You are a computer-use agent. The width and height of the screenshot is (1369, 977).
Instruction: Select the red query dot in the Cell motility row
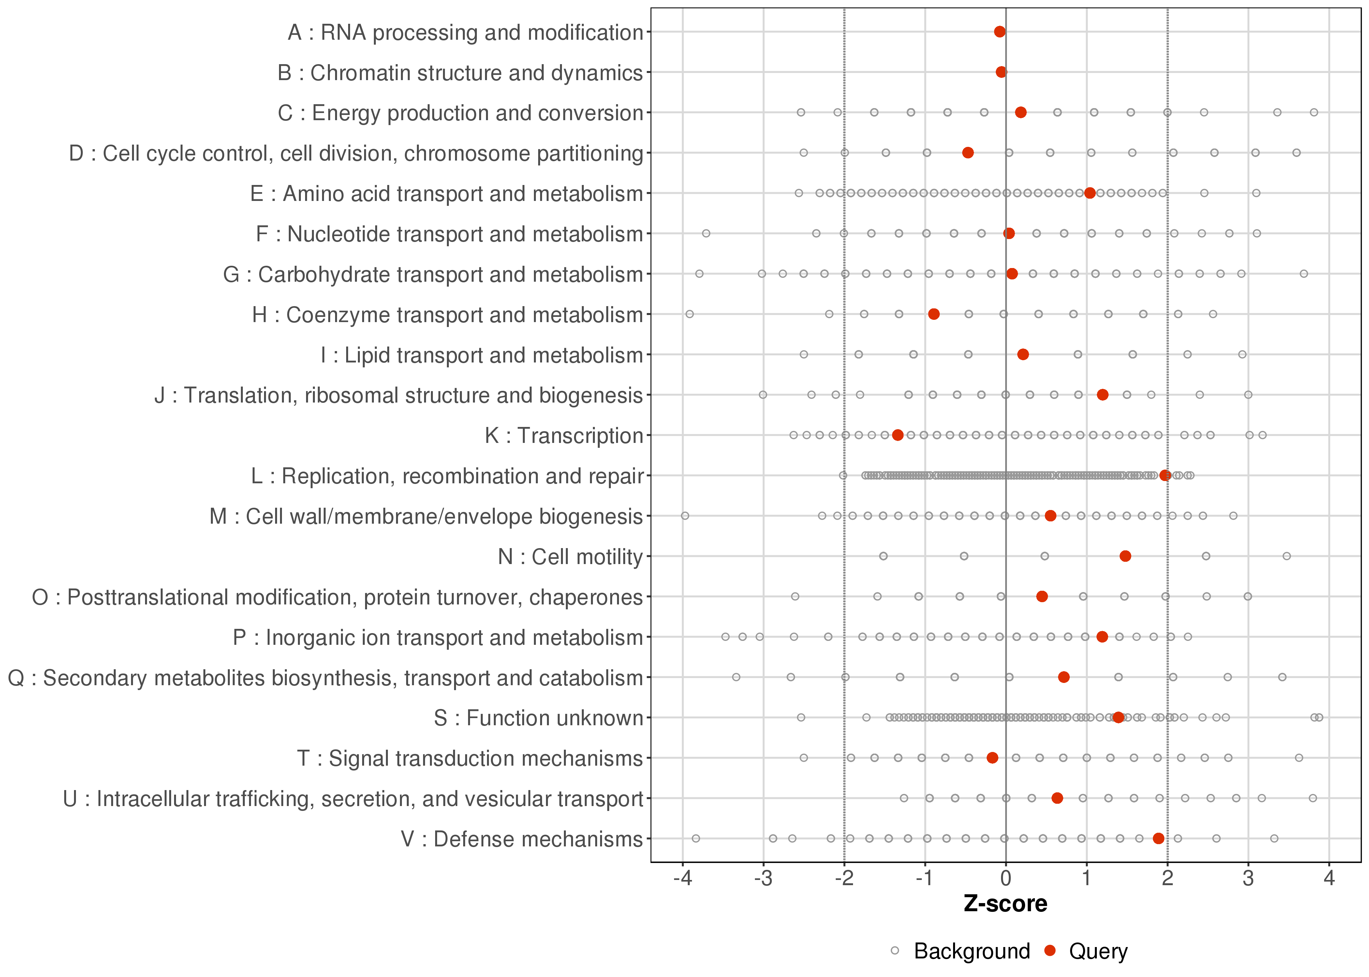click(x=1125, y=556)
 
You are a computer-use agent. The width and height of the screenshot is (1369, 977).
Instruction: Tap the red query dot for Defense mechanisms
click(x=1158, y=838)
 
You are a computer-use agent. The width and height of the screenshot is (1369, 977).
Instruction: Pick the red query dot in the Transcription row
click(x=897, y=435)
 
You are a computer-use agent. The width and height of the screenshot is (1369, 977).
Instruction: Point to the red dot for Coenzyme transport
click(x=933, y=314)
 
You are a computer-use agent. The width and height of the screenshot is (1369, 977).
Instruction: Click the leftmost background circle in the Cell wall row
click(x=684, y=516)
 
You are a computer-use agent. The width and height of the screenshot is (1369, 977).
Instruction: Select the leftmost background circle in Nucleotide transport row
click(x=706, y=234)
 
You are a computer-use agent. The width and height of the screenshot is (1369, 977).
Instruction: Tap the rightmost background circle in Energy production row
click(x=1314, y=112)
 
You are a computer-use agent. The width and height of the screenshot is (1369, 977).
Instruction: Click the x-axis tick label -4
click(x=682, y=879)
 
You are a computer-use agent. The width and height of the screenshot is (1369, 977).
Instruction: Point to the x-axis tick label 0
click(x=1005, y=879)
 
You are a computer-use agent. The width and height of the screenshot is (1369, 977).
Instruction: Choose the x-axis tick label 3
click(x=1248, y=879)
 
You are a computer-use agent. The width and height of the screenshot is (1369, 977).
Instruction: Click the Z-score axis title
click(x=1005, y=904)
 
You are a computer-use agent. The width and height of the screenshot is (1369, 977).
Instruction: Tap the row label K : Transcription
click(x=564, y=435)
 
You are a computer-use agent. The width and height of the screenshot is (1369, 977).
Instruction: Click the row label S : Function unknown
click(x=538, y=718)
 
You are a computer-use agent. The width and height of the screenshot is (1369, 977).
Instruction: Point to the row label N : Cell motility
click(x=570, y=557)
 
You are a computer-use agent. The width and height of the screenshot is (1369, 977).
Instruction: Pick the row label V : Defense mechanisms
click(x=522, y=839)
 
